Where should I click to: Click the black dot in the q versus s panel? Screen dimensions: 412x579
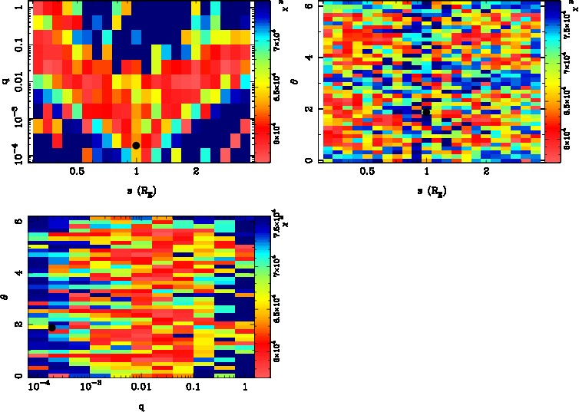136,145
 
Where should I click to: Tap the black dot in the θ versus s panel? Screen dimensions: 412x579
426,111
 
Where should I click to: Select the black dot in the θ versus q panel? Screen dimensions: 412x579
51,328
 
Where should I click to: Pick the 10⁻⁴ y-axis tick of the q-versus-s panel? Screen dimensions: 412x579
13,153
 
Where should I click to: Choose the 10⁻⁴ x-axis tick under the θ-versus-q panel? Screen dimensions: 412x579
37,387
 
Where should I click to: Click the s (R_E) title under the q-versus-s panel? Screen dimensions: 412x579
136,190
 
